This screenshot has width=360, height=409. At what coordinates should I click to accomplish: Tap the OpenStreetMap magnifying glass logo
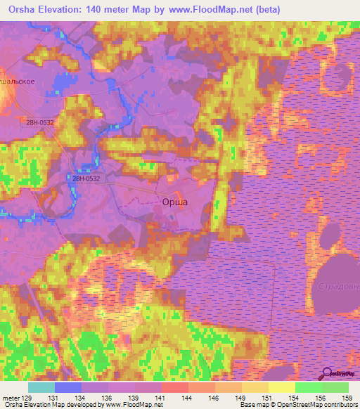tap(328, 374)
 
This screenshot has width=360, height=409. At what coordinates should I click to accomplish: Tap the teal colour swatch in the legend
tap(41, 387)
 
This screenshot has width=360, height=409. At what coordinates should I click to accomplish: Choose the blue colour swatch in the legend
tap(68, 387)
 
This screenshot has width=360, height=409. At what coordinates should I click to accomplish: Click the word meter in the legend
tap(11, 398)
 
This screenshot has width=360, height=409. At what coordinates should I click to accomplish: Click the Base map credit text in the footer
tap(257, 405)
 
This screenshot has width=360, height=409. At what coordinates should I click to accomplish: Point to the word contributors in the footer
tap(341, 405)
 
